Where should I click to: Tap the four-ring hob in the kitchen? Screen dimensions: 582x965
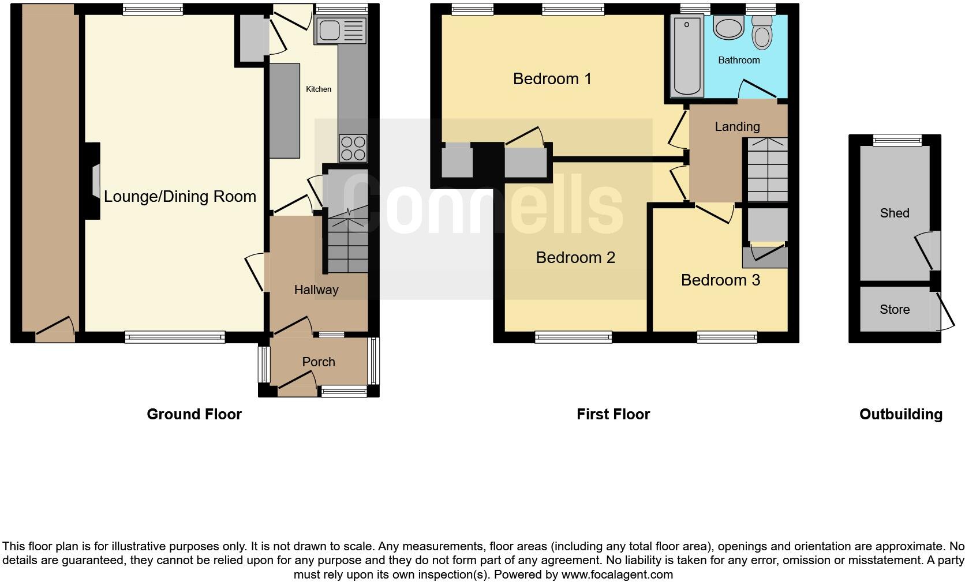click(353, 148)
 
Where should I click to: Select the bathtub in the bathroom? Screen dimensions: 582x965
click(687, 56)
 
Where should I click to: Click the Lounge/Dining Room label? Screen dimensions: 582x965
click(180, 197)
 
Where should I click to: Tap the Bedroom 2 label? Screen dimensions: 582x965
click(575, 257)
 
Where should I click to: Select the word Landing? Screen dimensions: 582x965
click(737, 126)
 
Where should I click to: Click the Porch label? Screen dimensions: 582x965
click(319, 362)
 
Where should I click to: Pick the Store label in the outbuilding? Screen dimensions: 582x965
click(895, 310)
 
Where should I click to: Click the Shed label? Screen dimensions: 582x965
click(895, 213)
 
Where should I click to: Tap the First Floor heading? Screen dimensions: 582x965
click(613, 414)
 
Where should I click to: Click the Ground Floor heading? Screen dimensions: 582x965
click(194, 414)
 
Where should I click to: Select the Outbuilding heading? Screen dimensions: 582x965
click(900, 414)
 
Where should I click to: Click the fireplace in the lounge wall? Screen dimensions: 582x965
click(94, 181)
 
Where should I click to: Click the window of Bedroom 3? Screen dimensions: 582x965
click(727, 337)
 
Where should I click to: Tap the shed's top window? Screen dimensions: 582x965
click(897, 140)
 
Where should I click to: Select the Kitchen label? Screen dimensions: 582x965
click(319, 89)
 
